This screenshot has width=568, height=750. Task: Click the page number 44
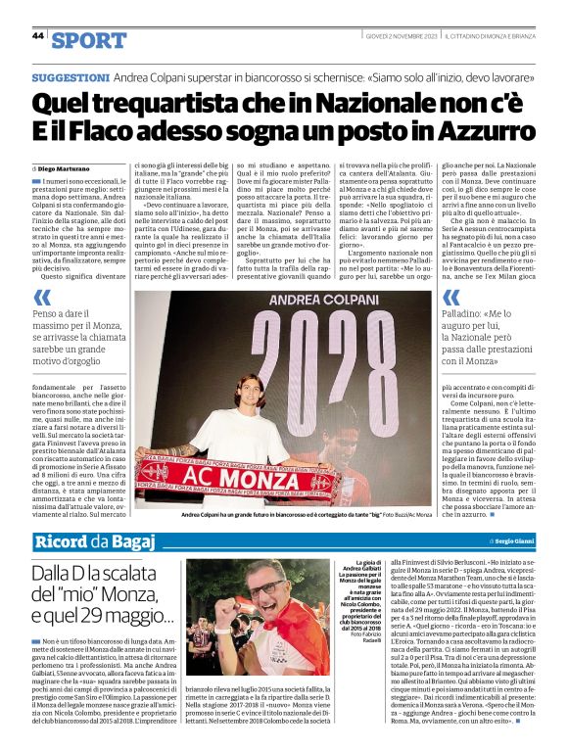point(38,36)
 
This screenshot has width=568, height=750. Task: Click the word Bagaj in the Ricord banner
point(133,541)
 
